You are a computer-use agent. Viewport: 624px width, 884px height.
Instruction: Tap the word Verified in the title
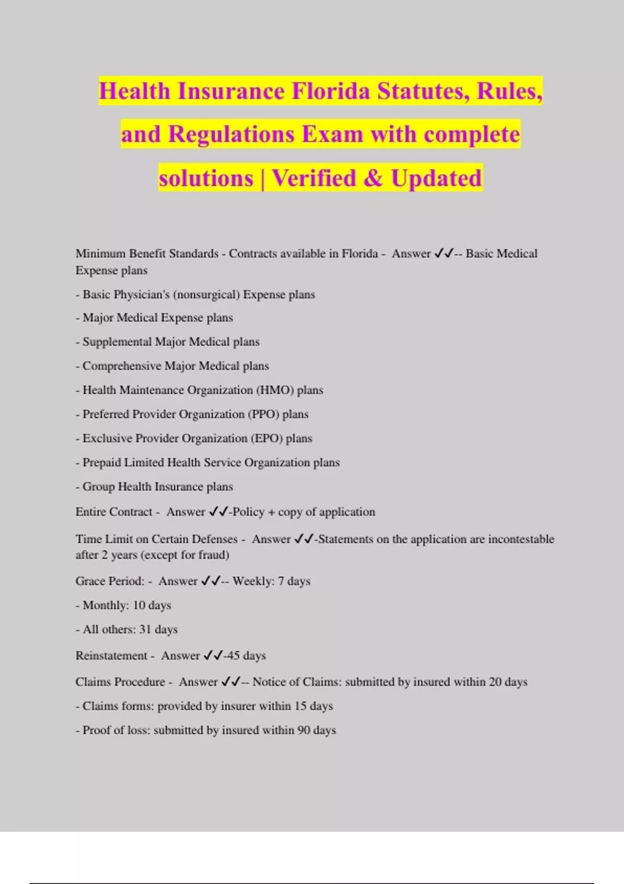[314, 178]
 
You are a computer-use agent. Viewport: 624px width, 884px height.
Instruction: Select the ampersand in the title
[373, 178]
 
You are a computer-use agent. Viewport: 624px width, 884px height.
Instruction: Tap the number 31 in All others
[145, 629]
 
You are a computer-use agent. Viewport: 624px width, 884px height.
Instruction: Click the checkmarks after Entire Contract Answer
[218, 512]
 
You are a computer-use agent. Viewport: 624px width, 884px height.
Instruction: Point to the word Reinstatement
[111, 656]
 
